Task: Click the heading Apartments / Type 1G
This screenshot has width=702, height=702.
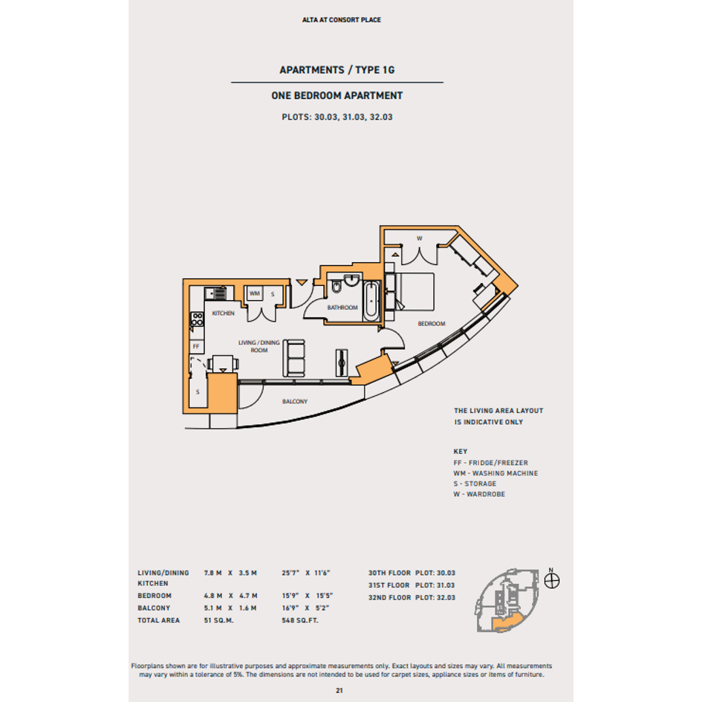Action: (x=337, y=71)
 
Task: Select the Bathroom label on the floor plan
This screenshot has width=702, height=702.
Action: (x=342, y=308)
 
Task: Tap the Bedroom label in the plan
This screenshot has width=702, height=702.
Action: (x=431, y=324)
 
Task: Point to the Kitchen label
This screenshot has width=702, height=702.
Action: (x=223, y=313)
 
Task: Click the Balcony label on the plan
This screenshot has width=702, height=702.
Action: (x=295, y=402)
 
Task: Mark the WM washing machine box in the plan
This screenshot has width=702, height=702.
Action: (x=254, y=294)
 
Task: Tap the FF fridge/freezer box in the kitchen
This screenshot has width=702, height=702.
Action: (x=196, y=346)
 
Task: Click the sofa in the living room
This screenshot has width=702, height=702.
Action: (x=295, y=358)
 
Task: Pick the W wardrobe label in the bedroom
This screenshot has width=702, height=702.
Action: (x=419, y=238)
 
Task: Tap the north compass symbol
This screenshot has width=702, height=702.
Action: (x=552, y=581)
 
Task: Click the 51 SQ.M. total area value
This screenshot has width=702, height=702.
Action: (x=218, y=620)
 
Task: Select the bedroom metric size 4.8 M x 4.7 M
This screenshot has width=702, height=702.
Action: (x=230, y=596)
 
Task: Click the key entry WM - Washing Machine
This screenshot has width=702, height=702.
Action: (x=495, y=473)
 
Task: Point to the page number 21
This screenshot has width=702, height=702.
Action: (x=340, y=690)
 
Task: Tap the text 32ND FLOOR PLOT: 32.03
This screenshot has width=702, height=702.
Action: (x=412, y=597)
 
